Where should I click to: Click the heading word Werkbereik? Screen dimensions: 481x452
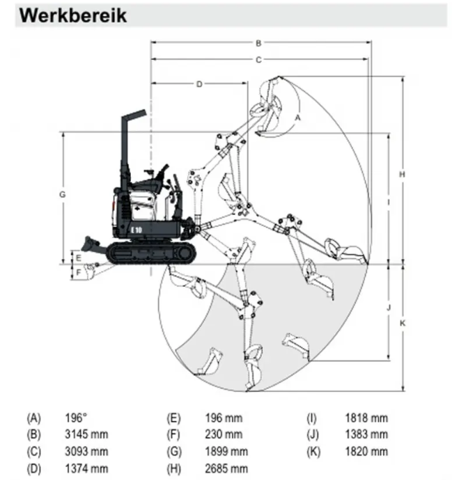pos(74,15)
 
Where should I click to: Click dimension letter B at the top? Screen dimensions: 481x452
pos(258,42)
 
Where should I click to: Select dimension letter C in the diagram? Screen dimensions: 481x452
pos(258,60)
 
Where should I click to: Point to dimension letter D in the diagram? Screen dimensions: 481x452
pos(199,84)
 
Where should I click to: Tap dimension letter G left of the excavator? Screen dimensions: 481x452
pos(62,195)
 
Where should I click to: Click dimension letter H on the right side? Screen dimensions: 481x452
pos(402,174)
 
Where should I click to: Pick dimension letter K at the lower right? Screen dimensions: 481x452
pos(402,323)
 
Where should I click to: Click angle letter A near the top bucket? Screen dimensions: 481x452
pos(297,118)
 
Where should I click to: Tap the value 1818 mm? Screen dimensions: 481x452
pos(366,418)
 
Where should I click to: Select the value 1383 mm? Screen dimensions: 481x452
pos(366,434)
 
